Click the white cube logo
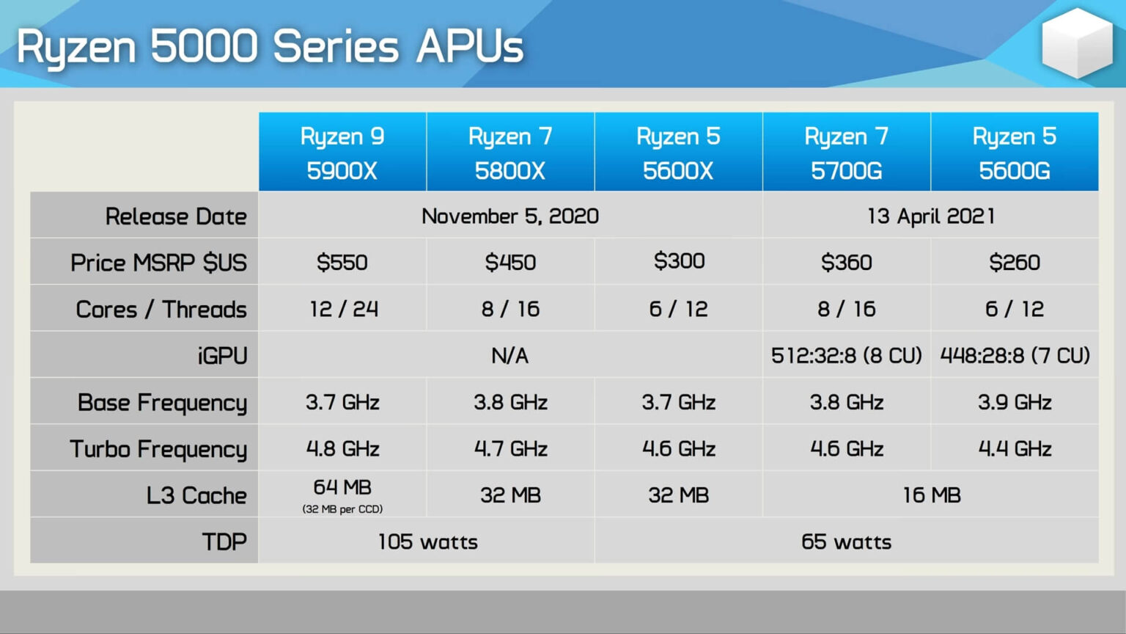click(1077, 43)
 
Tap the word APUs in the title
click(470, 47)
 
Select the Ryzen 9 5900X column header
click(342, 152)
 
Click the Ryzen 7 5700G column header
click(847, 152)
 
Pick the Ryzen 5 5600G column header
click(1015, 152)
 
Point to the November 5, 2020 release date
click(510, 216)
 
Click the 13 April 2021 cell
click(931, 216)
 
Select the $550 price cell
click(342, 262)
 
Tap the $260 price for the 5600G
click(1015, 262)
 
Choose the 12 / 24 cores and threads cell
click(344, 309)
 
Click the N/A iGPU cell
click(509, 356)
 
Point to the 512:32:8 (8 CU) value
click(847, 356)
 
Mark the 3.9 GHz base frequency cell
click(1015, 403)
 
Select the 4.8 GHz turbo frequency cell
click(343, 449)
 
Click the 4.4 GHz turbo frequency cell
click(1015, 449)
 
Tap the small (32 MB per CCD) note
click(342, 509)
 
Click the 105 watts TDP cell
click(428, 542)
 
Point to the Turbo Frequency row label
click(158, 449)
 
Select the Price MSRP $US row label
click(158, 263)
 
